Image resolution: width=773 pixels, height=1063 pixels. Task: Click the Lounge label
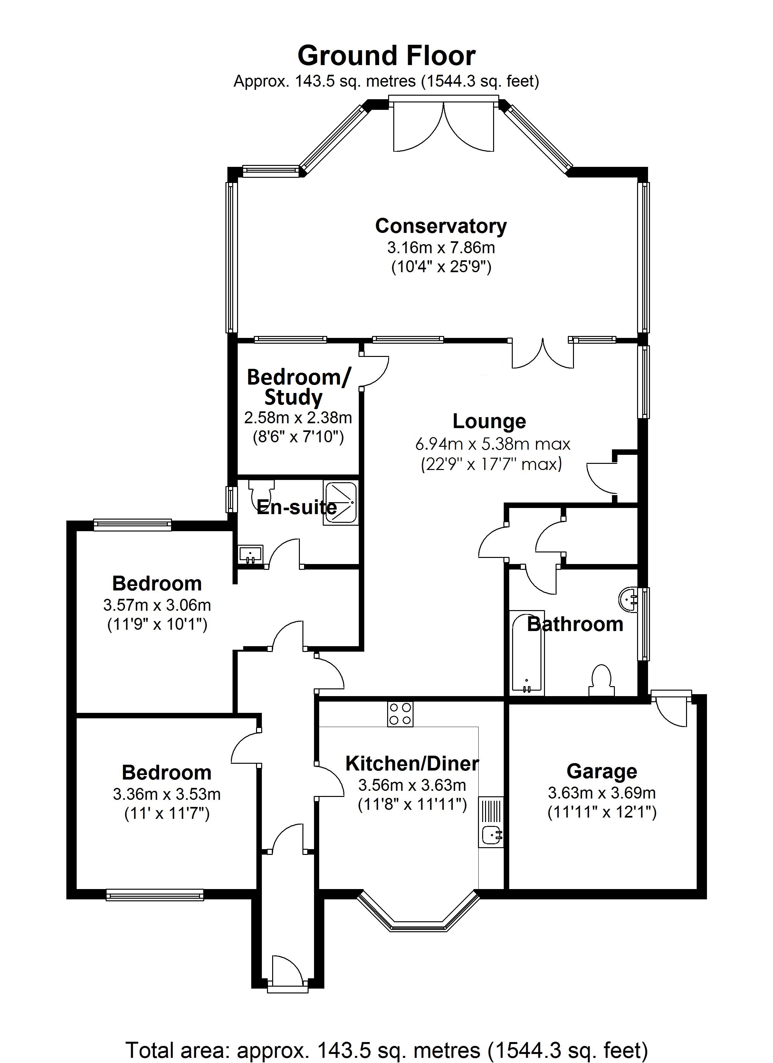click(x=489, y=421)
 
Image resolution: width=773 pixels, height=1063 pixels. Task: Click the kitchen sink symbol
click(x=491, y=834)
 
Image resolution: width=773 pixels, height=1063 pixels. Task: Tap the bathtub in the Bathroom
click(x=527, y=653)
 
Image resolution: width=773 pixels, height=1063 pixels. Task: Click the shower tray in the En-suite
click(x=341, y=503)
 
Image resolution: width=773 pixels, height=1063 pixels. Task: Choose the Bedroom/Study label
click(x=298, y=387)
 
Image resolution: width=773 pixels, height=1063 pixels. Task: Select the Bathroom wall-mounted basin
click(x=629, y=599)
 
